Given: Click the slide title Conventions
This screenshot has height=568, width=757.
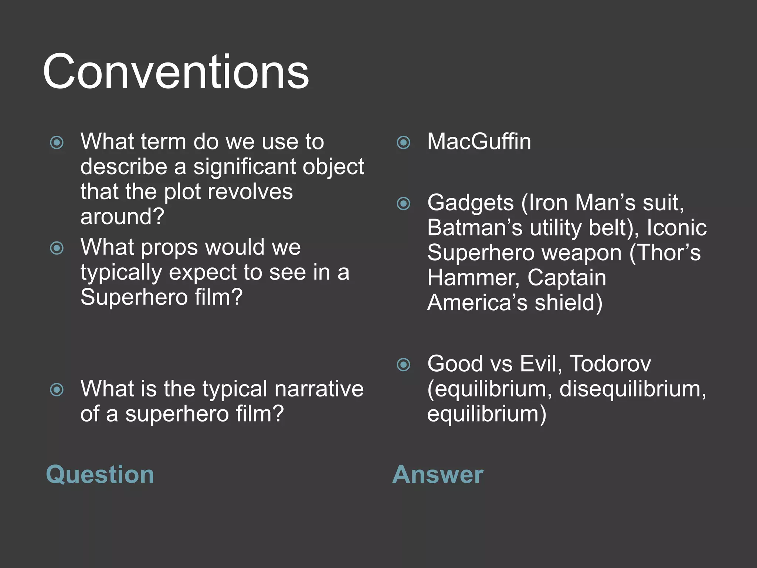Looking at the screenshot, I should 176,72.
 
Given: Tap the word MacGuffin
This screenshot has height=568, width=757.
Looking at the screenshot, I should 479,142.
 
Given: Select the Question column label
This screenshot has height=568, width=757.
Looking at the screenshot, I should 100,474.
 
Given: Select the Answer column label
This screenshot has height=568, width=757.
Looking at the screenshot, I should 438,474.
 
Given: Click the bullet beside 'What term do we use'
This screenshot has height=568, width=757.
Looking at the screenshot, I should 57,142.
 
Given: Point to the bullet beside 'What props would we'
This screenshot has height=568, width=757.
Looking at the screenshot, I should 57,248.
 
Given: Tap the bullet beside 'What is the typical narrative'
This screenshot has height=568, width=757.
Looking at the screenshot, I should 57,389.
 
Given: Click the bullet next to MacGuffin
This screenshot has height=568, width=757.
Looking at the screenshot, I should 403,142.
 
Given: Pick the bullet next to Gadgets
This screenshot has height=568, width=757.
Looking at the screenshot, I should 403,203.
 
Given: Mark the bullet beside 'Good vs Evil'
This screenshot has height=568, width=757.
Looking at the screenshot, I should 403,365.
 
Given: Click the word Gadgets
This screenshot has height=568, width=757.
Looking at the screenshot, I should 470,203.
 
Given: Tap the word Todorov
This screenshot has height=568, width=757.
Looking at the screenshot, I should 610,364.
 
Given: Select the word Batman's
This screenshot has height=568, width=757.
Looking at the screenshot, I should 475,228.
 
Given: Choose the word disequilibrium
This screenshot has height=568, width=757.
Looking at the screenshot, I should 632,389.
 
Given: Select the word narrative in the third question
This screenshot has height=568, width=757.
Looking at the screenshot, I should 319,389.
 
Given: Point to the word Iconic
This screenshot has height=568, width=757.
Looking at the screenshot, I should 676,228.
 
